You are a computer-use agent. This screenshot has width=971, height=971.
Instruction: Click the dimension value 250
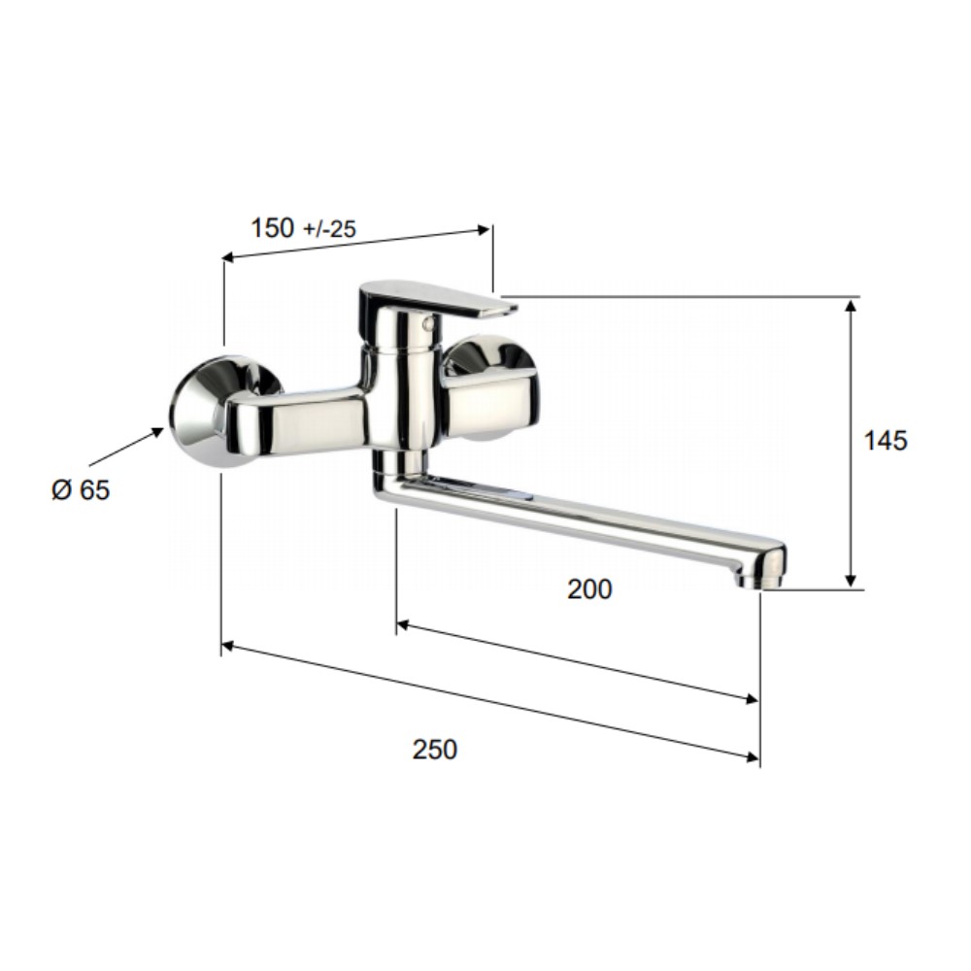[435, 750]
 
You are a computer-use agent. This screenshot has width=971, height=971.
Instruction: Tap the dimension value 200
[589, 589]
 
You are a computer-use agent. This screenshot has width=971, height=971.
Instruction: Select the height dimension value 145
[886, 440]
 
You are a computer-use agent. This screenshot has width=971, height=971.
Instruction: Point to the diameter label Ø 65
[81, 489]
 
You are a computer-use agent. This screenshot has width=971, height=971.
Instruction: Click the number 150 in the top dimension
[273, 228]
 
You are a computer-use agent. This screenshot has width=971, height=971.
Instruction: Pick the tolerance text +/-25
[330, 230]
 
